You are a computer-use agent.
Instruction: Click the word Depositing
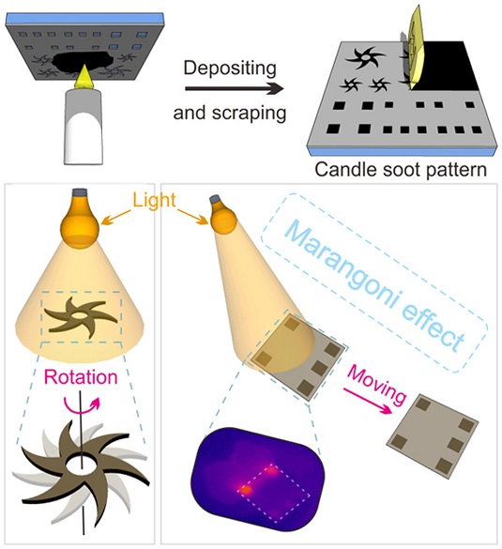coord(230,69)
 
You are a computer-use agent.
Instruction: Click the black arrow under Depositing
coord(235,88)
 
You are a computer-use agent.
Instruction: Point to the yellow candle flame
coord(84,76)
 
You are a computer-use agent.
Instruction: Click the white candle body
coord(84,126)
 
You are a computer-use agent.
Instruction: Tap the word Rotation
coord(81,377)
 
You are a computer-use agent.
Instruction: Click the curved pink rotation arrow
coord(82,405)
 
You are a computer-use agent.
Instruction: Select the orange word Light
coord(154,200)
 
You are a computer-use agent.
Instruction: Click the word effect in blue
coord(433,328)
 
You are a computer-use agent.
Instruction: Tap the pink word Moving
coord(376,385)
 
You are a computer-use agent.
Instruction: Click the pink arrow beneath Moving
coord(367,402)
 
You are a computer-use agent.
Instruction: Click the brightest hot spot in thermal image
coord(245,490)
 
